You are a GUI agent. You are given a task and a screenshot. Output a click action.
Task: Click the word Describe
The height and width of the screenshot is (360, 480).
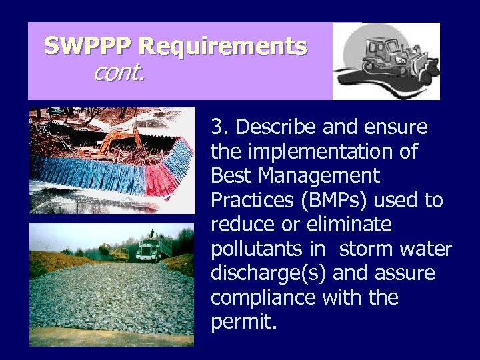pos(273,127)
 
